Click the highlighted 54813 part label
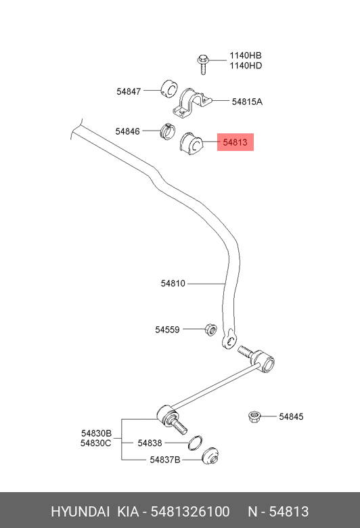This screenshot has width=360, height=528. (235, 142)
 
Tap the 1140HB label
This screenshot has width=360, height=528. (245, 56)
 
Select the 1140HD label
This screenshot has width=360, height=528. (245, 66)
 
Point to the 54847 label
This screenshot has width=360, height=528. (129, 91)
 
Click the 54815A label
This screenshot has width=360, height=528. (247, 102)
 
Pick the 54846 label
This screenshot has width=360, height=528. (127, 131)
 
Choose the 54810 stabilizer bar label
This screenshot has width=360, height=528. (173, 284)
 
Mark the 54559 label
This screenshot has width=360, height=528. (167, 330)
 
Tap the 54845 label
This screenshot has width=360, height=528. (292, 416)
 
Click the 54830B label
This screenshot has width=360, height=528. (97, 433)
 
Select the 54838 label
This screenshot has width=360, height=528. (150, 443)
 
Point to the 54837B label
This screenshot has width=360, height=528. (165, 460)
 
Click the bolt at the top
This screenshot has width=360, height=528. (202, 62)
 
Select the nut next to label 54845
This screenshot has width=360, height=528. (255, 416)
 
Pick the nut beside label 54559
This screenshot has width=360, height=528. (210, 330)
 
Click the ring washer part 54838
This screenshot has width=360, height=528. (194, 443)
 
